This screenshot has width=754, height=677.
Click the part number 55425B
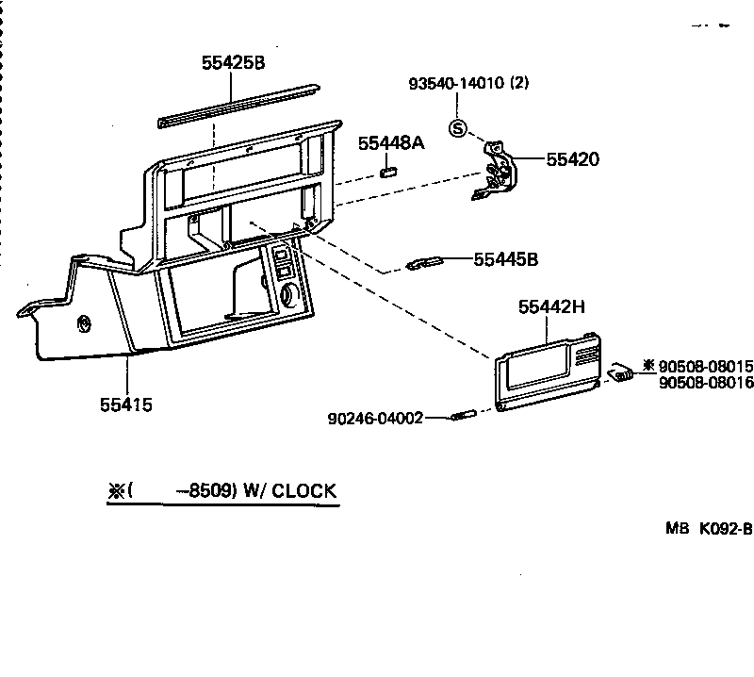pyautogui.click(x=233, y=63)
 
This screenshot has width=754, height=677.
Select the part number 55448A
pyautogui.click(x=391, y=143)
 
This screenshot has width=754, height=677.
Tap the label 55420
pyautogui.click(x=572, y=159)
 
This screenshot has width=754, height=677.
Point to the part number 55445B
pyautogui.click(x=505, y=258)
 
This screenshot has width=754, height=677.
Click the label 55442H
pyautogui.click(x=551, y=307)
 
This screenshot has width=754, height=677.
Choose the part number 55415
pyautogui.click(x=126, y=405)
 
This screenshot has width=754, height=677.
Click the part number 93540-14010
pyautogui.click(x=456, y=83)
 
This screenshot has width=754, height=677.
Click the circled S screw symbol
pyautogui.click(x=458, y=128)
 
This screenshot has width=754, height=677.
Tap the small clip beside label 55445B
pyautogui.click(x=428, y=263)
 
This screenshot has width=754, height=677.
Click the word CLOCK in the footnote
pyautogui.click(x=303, y=490)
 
